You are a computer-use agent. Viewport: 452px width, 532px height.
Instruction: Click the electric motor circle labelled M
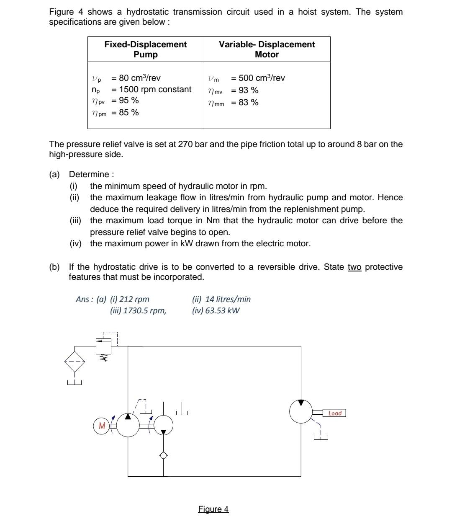pyautogui.click(x=101, y=426)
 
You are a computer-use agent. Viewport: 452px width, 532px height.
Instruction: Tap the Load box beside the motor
pyautogui.click(x=334, y=413)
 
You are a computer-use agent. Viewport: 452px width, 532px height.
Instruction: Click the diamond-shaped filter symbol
pyautogui.click(x=74, y=362)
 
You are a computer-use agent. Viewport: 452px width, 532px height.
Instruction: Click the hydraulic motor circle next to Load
pyautogui.click(x=301, y=411)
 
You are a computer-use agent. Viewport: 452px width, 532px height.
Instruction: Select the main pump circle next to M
pyautogui.click(x=128, y=425)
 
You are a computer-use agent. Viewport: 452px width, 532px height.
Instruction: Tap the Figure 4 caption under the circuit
pyautogui.click(x=213, y=509)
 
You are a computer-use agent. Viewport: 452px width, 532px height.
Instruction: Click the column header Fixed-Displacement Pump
pyautogui.click(x=145, y=49)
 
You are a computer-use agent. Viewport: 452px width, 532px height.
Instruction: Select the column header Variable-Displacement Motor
pyautogui.click(x=267, y=49)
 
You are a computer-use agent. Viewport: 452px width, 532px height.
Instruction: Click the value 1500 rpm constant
pyautogui.click(x=155, y=89)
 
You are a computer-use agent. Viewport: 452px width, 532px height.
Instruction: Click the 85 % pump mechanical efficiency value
pyautogui.click(x=128, y=112)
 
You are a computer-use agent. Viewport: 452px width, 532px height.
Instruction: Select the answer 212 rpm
pyautogui.click(x=134, y=299)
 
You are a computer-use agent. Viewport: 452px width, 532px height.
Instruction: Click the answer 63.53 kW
pyautogui.click(x=222, y=310)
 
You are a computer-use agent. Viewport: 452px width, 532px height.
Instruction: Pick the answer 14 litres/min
pyautogui.click(x=228, y=299)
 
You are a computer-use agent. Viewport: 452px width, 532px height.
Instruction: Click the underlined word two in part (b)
pyautogui.click(x=354, y=267)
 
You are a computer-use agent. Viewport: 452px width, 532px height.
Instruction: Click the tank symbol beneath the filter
pyautogui.click(x=74, y=382)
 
